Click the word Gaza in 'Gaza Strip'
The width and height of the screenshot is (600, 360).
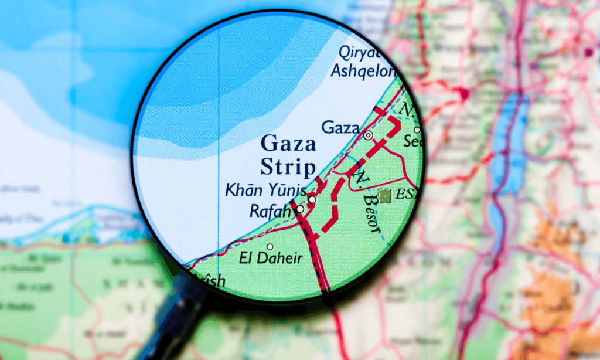click(288, 144)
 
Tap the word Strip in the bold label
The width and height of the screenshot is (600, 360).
click(288, 167)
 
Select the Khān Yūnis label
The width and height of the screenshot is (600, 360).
click(265, 191)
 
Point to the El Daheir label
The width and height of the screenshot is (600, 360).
click(271, 258)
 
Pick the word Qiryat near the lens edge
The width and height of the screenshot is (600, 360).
click(359, 52)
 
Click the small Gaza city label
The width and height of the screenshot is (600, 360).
click(340, 127)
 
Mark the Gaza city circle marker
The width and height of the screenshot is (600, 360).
click(368, 135)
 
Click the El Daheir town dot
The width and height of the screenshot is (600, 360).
click(270, 246)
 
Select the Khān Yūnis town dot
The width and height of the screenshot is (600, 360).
click(312, 199)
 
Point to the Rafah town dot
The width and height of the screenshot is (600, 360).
click(300, 208)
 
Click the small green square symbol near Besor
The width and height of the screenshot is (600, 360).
click(385, 196)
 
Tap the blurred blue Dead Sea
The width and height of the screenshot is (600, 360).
click(505, 147)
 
